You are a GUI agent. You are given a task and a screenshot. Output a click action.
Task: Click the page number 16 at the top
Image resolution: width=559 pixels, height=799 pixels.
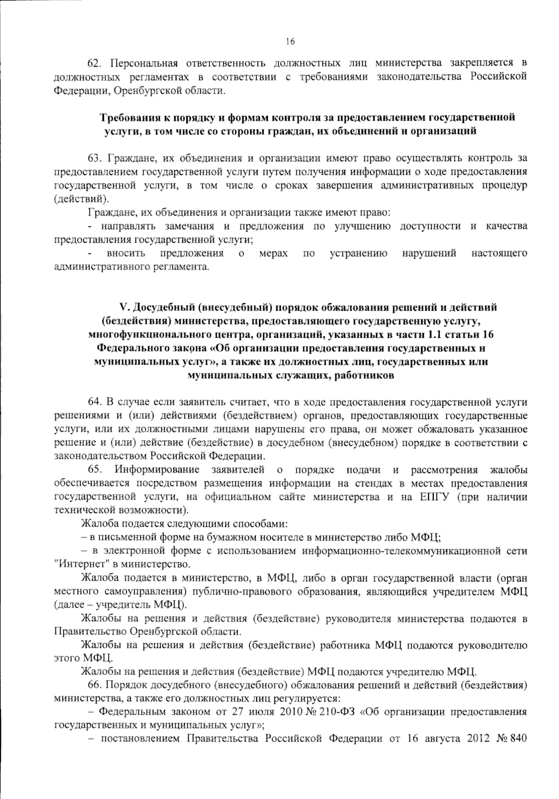click(290, 42)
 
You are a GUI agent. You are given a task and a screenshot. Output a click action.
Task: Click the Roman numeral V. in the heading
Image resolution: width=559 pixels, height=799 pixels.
click(124, 307)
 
